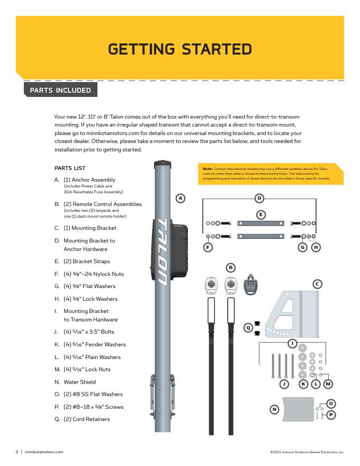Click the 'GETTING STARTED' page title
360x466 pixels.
click(x=179, y=49)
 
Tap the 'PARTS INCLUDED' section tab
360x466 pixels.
click(x=60, y=90)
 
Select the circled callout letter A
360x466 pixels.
click(x=181, y=198)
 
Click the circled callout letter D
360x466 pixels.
click(x=259, y=198)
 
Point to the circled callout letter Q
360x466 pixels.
click(x=247, y=328)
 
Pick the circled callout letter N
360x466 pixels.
click(x=274, y=409)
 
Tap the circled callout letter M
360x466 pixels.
click(x=328, y=383)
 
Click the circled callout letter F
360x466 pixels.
click(x=208, y=247)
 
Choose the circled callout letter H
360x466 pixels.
click(x=316, y=247)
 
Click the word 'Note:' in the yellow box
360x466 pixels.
click(x=208, y=168)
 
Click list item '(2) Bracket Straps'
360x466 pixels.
click(x=86, y=261)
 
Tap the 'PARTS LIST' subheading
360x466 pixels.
click(x=70, y=168)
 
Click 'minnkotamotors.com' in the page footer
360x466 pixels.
click(x=44, y=452)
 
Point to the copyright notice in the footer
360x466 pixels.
click(x=307, y=452)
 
